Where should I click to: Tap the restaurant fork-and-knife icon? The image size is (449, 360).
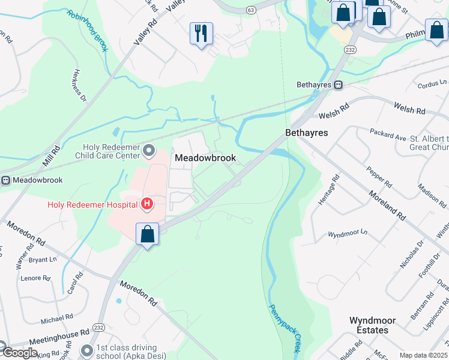[x=201, y=32]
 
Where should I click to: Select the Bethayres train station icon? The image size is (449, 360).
[x=339, y=85]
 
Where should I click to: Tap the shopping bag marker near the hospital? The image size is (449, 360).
[x=147, y=235]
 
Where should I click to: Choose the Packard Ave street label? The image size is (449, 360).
[x=388, y=136]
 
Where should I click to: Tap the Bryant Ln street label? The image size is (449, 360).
[x=43, y=260]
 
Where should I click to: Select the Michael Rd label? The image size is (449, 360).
[x=56, y=316]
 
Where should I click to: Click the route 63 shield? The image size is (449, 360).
[x=250, y=10]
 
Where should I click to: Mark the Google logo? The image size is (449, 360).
[x=20, y=353]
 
